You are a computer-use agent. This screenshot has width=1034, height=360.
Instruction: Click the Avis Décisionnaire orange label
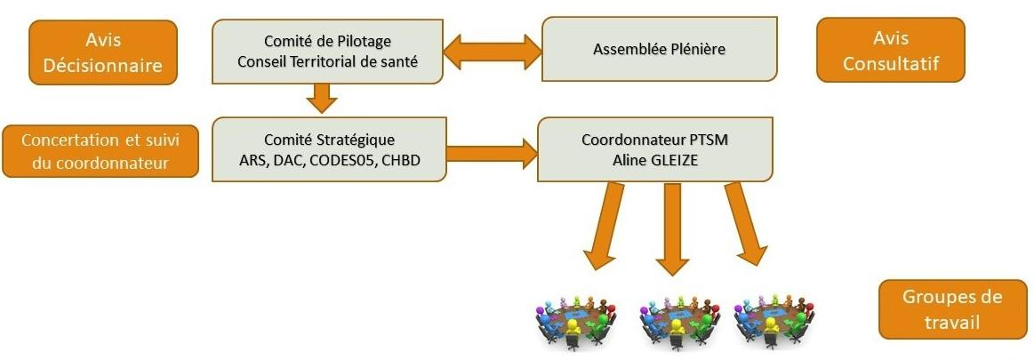(x=103, y=52)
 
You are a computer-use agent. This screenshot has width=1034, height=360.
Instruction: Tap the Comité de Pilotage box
(x=328, y=52)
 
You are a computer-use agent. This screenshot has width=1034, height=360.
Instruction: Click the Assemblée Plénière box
(x=658, y=49)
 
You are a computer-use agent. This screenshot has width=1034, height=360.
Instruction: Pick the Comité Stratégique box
(x=328, y=150)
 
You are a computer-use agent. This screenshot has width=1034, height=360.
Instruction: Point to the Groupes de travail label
(x=953, y=309)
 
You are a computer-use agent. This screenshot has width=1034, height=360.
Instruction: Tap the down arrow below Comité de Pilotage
(x=322, y=96)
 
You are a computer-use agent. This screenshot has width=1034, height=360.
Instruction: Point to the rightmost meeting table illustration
(x=771, y=319)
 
